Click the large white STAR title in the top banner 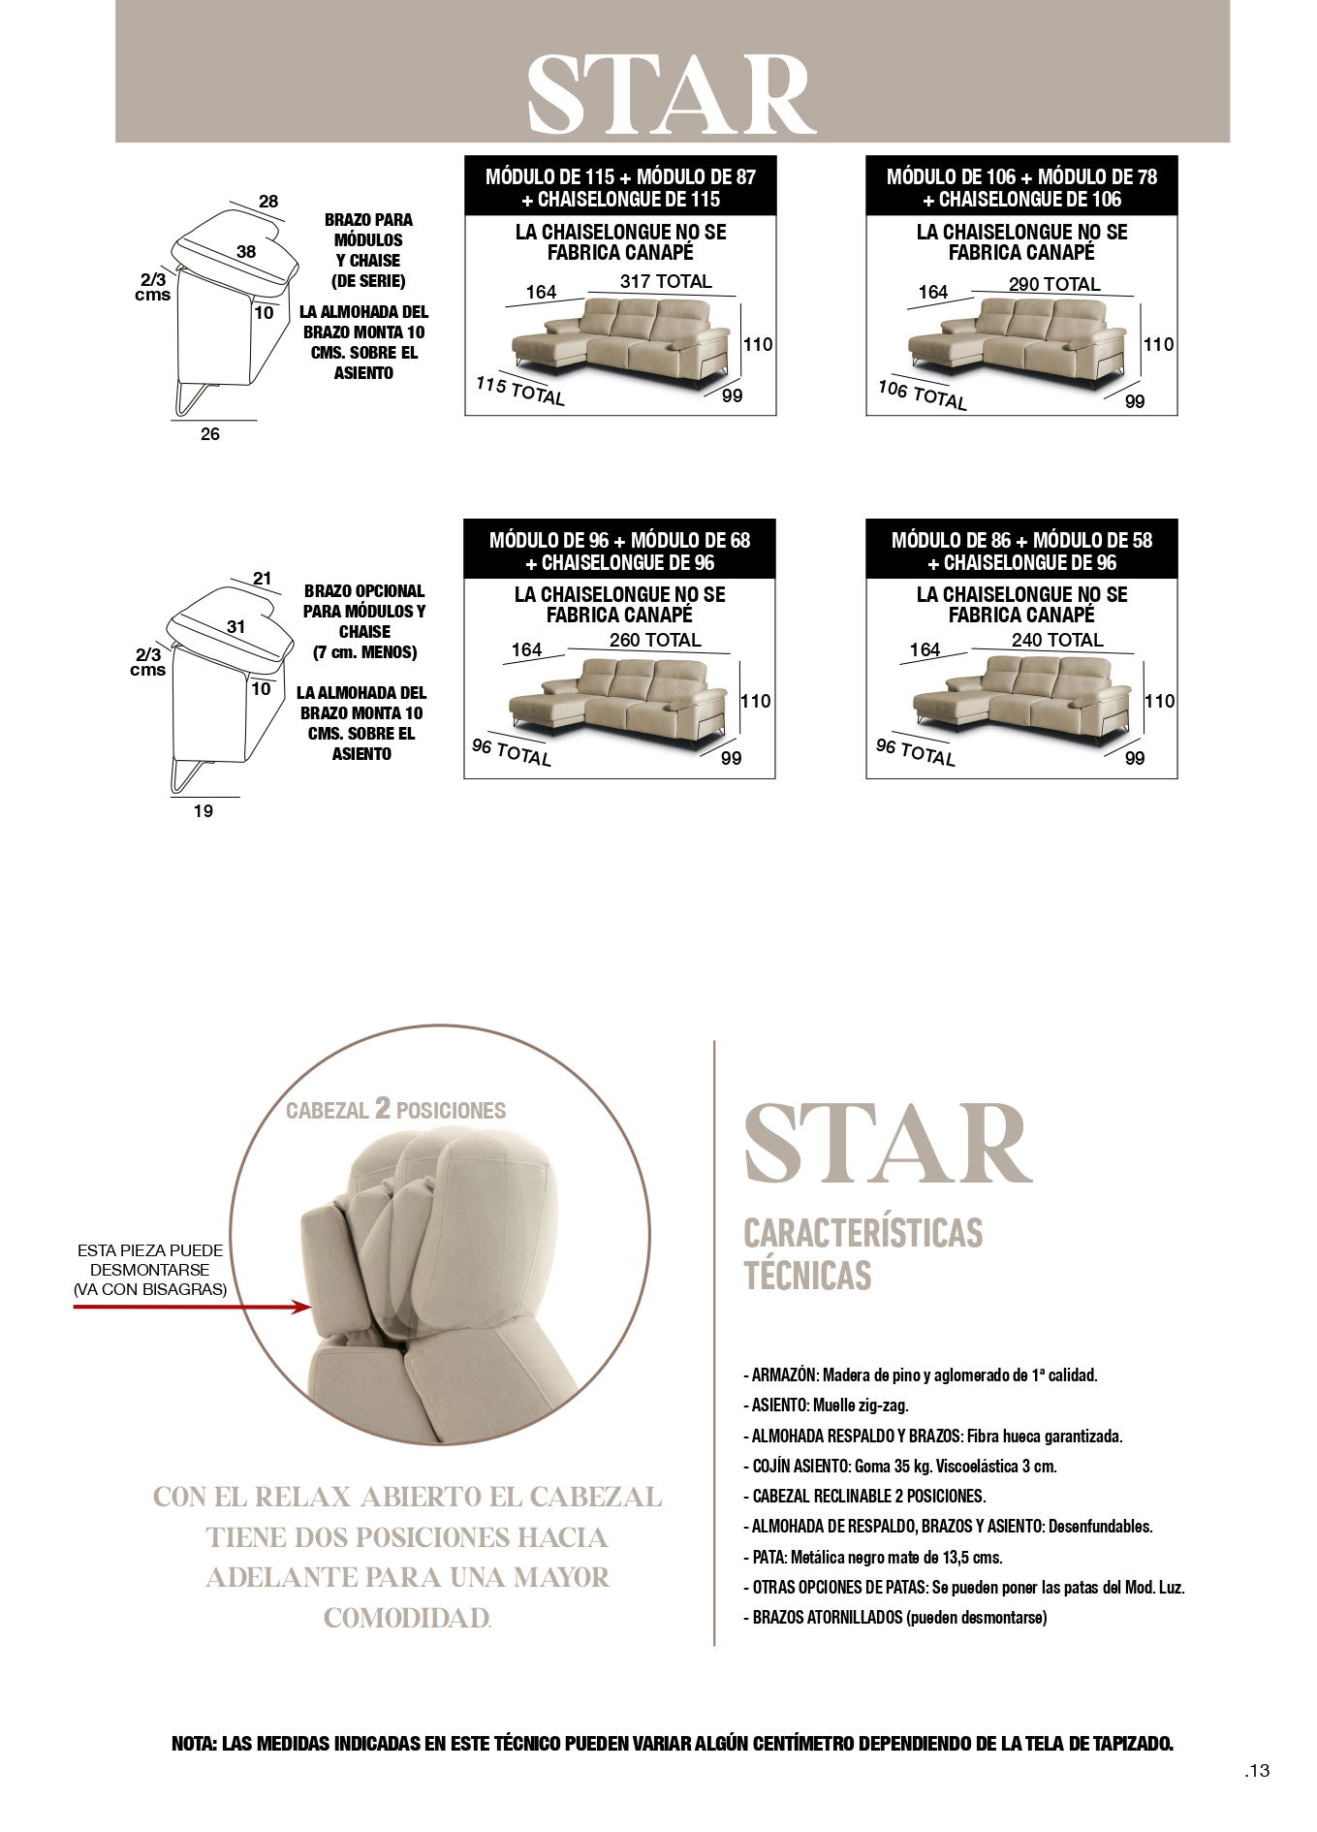[x=672, y=94]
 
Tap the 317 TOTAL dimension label [x=666, y=281]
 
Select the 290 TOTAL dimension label [x=1054, y=284]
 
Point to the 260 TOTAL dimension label [x=655, y=640]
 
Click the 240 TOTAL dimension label [x=1057, y=640]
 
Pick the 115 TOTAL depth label [x=520, y=391]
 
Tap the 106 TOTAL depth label [x=923, y=395]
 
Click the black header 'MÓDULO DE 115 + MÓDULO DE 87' [x=620, y=176]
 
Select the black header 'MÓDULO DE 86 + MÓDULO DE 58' [x=1022, y=540]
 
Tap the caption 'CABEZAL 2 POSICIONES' [x=395, y=1109]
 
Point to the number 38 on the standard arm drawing [x=246, y=252]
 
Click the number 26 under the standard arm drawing [x=210, y=434]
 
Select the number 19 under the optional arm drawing [x=203, y=810]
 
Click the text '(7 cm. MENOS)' [x=364, y=652]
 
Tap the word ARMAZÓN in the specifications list [x=784, y=1374]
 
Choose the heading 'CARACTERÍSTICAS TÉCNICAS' [x=862, y=1254]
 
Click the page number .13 [x=1257, y=1771]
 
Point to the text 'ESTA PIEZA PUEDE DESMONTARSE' [x=150, y=1260]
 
